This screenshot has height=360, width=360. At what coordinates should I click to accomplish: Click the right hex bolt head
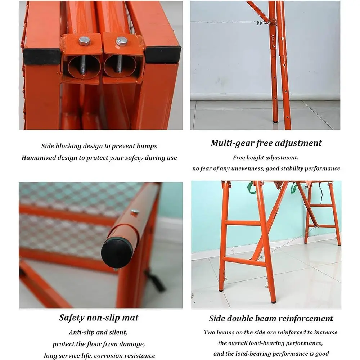[121, 41]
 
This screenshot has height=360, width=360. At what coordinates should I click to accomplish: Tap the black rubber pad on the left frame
[42, 56]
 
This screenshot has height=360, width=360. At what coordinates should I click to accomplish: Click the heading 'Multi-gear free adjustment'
[266, 143]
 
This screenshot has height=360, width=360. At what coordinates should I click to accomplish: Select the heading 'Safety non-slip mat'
[99, 318]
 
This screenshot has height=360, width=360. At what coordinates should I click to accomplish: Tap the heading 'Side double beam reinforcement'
[271, 318]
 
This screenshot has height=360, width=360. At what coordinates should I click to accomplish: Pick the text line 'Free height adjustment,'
[266, 157]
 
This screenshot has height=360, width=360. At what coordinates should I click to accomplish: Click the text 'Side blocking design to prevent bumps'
[99, 146]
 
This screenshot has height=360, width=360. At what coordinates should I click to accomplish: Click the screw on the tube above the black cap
[135, 213]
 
